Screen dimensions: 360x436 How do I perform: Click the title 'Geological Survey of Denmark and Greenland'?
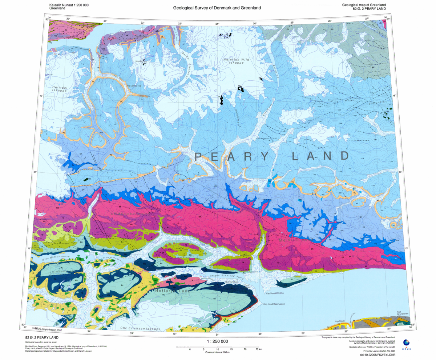click(x=217, y=8)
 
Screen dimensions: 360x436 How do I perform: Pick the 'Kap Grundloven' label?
click(x=403, y=313)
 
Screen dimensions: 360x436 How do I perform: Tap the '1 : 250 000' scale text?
click(x=217, y=341)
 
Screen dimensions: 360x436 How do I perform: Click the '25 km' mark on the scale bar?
click(x=258, y=349)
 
